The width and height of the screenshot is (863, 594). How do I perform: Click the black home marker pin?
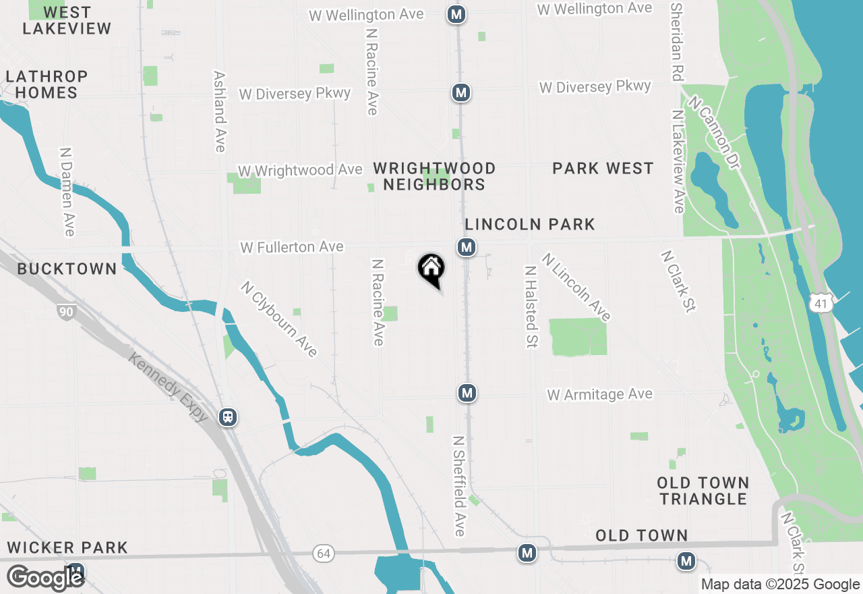(431, 269)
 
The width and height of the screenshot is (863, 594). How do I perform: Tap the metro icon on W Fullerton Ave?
(466, 247)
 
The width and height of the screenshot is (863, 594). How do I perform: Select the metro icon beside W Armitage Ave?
(467, 392)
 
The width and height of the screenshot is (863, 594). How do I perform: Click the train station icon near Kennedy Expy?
(229, 417)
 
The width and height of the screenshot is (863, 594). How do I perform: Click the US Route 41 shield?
(821, 304)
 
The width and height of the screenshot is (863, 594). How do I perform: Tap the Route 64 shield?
(324, 553)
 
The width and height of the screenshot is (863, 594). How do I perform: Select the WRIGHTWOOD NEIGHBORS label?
(435, 176)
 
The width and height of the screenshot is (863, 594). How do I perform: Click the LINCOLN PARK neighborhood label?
(530, 224)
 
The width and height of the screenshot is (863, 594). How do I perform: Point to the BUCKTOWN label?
(67, 269)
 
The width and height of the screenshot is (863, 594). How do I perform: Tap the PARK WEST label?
(603, 168)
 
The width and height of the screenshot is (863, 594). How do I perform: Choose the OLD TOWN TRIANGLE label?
(703, 491)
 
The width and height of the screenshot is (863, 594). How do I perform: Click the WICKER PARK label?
(67, 547)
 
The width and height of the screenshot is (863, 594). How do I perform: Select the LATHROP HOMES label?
(47, 84)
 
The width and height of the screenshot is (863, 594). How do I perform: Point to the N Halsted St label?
(531, 306)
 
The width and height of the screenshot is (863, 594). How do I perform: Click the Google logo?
(45, 578)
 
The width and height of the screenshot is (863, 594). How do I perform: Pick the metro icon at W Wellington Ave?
(457, 14)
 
